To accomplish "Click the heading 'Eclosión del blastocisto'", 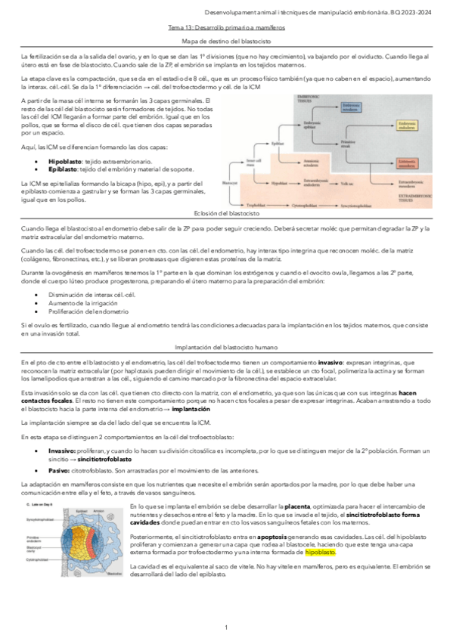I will tap(226, 214).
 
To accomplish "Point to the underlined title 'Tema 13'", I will tap(226, 26).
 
